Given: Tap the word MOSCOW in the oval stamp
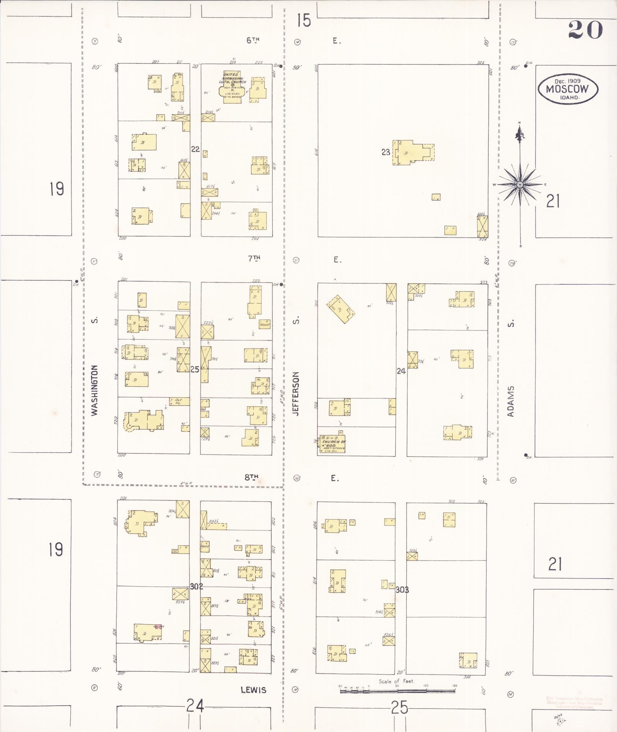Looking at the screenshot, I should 567,89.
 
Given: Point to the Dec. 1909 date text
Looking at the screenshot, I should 567,81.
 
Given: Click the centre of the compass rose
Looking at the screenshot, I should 520,185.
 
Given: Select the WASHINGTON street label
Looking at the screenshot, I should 95,390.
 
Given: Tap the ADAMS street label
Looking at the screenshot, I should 511,401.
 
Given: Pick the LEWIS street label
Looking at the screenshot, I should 253,690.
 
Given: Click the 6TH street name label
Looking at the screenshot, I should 253,40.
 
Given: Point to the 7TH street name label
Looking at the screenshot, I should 254,258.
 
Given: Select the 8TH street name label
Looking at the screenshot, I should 251,477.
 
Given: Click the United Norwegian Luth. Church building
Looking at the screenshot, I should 232,85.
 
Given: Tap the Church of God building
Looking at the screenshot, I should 332,444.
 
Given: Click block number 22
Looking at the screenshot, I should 195,149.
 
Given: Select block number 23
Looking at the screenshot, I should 386,152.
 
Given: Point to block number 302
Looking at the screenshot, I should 196,586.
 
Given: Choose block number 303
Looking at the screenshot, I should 402,590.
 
